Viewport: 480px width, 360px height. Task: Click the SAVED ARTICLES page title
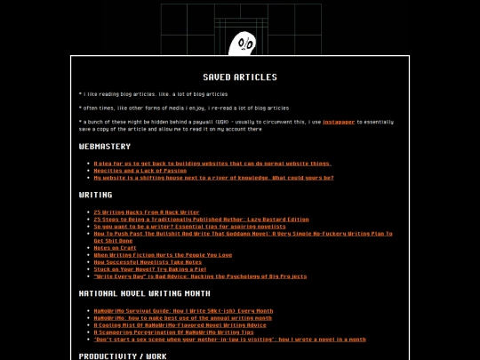[x=239, y=77]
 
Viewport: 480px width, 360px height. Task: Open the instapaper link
[x=338, y=122]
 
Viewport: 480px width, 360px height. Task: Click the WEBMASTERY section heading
[x=105, y=147]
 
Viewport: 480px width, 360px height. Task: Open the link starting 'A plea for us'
[x=212, y=164]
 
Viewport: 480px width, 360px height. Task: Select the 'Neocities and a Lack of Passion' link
[x=140, y=171]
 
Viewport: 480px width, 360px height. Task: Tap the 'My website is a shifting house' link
[x=213, y=178]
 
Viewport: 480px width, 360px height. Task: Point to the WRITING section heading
[x=95, y=195]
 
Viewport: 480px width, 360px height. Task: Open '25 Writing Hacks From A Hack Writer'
[x=147, y=212]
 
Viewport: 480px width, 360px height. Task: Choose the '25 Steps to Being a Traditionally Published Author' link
[x=201, y=220]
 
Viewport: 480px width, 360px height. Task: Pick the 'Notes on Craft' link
[x=115, y=248]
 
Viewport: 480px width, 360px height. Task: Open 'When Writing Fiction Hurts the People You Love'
[x=163, y=255]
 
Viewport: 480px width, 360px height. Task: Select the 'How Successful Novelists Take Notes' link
[x=148, y=262]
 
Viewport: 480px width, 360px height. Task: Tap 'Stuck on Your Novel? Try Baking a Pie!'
[x=149, y=269]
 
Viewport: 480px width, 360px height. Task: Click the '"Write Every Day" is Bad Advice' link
[x=200, y=276]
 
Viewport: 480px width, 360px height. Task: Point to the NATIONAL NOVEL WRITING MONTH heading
[x=145, y=293]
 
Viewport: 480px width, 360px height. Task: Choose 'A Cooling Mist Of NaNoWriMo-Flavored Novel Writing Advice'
[x=180, y=325]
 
